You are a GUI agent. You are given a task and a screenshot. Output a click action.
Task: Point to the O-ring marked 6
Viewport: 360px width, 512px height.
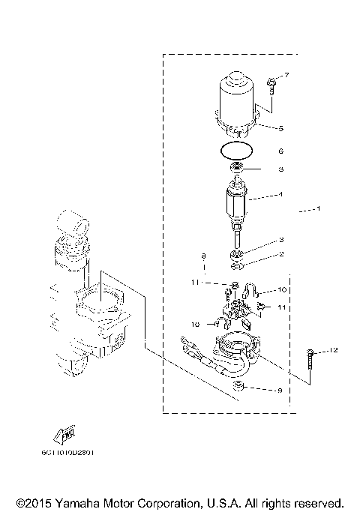click(x=237, y=150)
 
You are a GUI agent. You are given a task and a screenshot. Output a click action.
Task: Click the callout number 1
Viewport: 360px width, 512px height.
click(x=318, y=208)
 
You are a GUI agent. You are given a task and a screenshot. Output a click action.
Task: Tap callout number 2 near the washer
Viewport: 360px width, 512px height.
click(x=281, y=253)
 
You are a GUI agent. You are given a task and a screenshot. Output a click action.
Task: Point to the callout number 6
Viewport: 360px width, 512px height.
click(x=281, y=151)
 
